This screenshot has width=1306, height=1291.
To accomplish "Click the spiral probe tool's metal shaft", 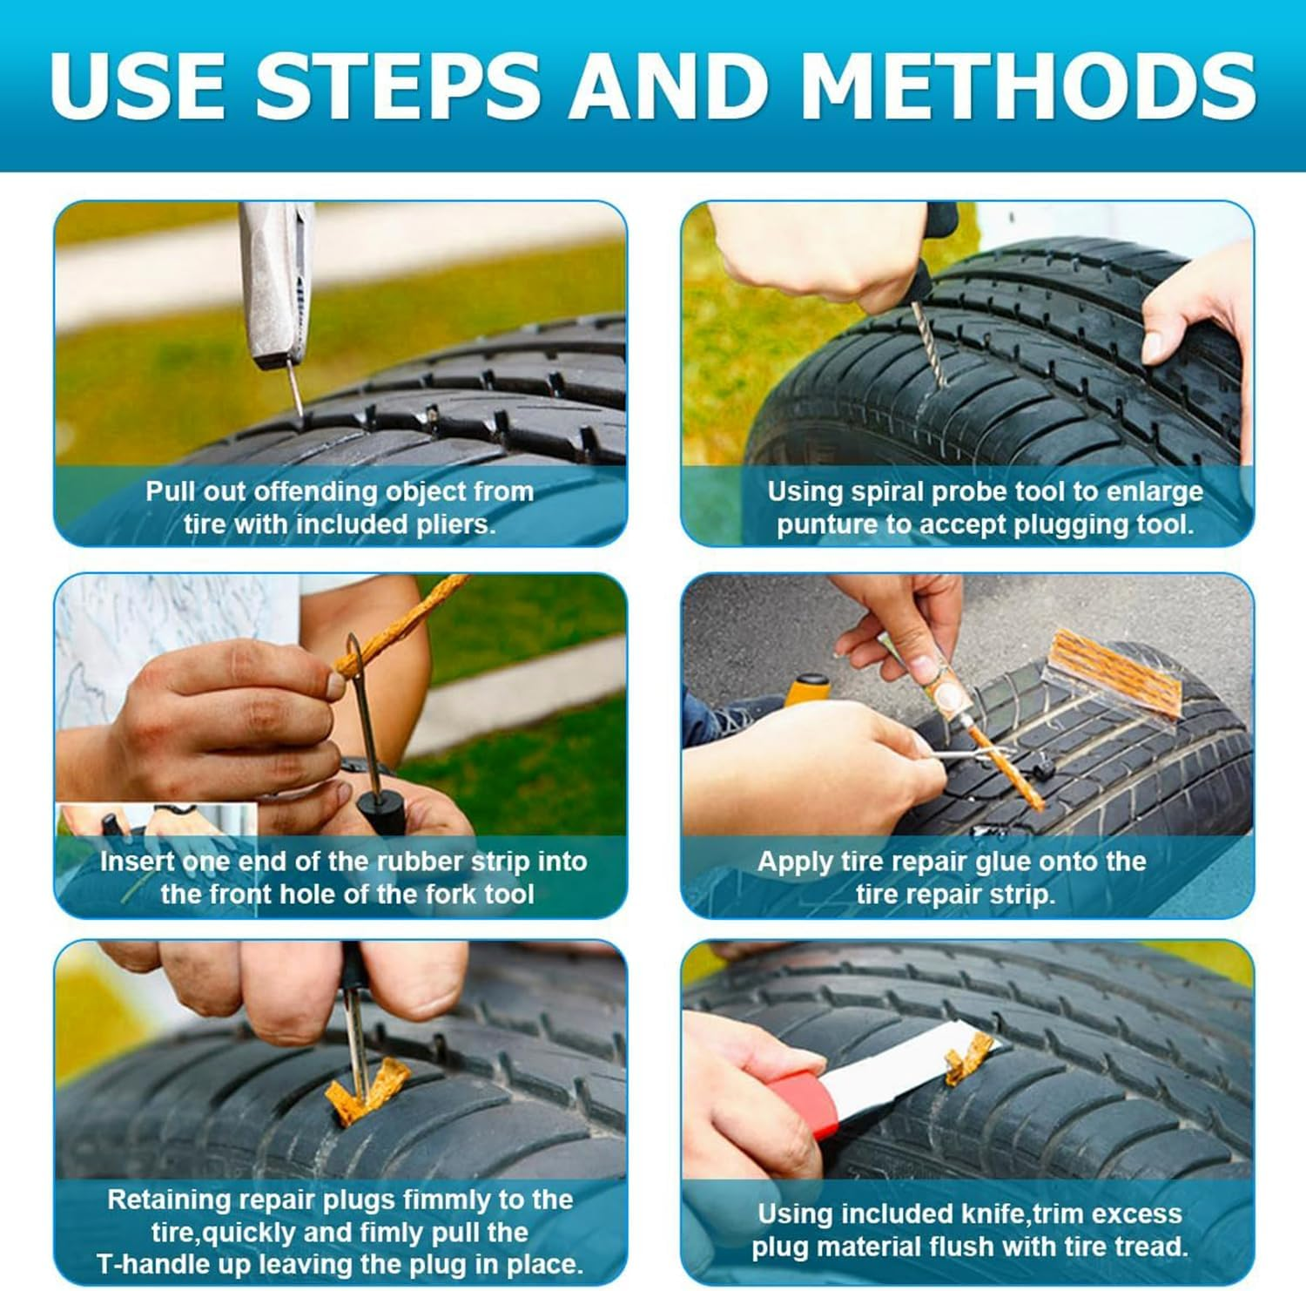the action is click(928, 344).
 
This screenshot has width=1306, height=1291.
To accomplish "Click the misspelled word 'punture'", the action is click(831, 524).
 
